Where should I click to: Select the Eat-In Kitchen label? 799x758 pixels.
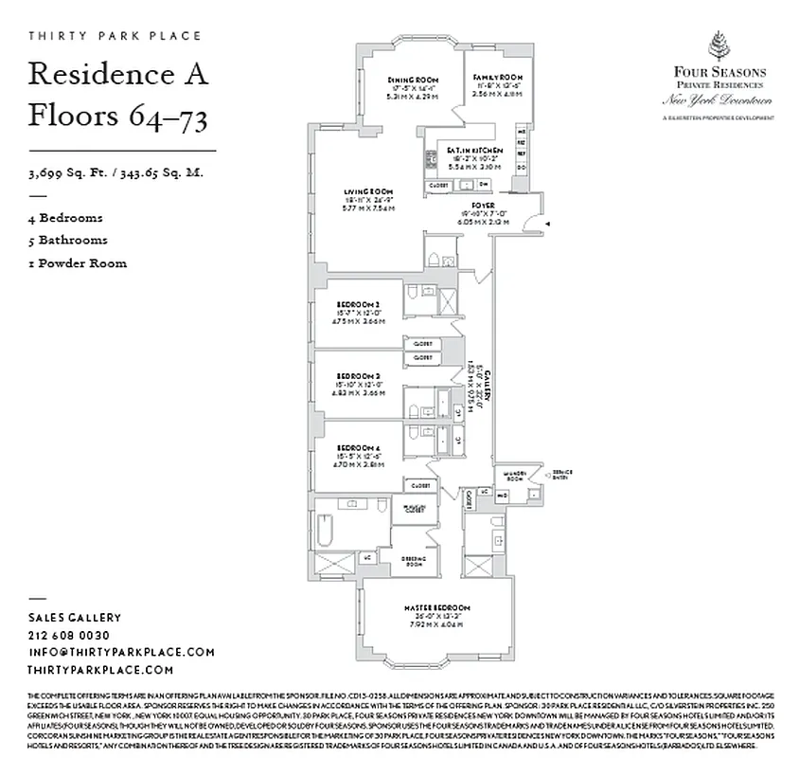475,152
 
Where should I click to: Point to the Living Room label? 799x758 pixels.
367,192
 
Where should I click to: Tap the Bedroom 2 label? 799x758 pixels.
358,304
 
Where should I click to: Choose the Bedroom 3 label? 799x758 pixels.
358,376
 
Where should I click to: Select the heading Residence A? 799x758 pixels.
117,73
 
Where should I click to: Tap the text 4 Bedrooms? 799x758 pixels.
66,218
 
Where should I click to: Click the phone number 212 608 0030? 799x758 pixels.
68,635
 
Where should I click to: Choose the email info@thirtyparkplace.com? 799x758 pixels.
121,652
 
